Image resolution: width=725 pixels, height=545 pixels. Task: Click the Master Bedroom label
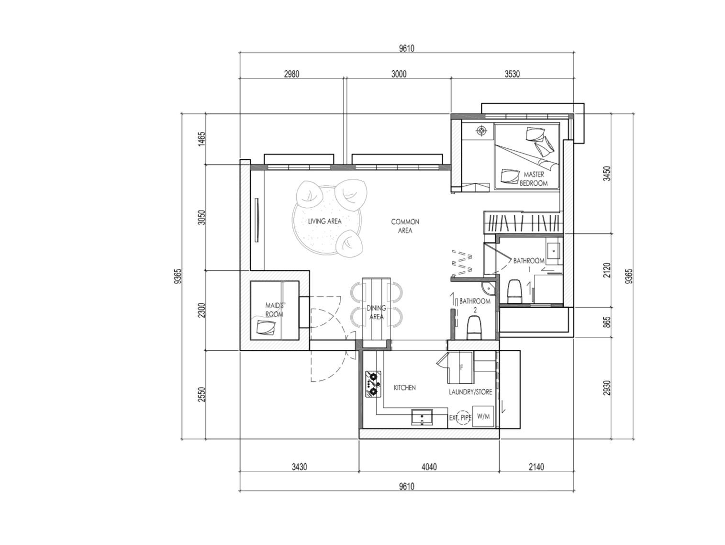click(x=534, y=178)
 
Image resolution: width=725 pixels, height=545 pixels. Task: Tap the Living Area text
click(x=324, y=221)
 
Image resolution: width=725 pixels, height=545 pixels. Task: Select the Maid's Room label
click(x=275, y=310)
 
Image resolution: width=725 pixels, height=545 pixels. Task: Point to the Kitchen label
click(x=405, y=388)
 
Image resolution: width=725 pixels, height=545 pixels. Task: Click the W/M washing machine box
click(x=483, y=417)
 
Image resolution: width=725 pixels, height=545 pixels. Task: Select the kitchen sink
click(x=422, y=417)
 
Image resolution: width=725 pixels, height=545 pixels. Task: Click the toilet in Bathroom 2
click(x=474, y=327)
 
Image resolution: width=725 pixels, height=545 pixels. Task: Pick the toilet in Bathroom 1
click(x=514, y=291)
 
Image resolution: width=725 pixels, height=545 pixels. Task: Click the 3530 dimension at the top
click(x=512, y=74)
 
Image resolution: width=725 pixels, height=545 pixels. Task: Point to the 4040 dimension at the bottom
click(x=429, y=467)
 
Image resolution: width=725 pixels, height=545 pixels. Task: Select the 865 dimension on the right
click(x=607, y=322)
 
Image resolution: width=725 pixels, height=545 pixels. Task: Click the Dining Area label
click(x=376, y=312)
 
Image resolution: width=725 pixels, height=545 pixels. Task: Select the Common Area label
click(x=405, y=226)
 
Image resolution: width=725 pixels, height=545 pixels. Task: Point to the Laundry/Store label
click(x=470, y=392)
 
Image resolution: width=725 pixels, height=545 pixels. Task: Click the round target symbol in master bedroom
click(x=481, y=131)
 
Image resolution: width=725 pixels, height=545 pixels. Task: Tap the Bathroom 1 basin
click(x=553, y=251)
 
